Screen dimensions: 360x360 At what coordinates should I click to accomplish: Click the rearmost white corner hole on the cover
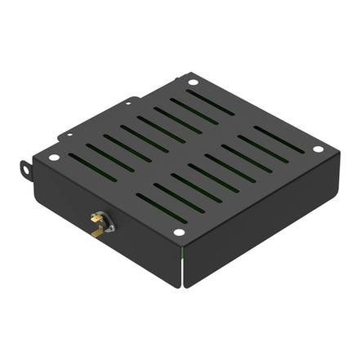193,82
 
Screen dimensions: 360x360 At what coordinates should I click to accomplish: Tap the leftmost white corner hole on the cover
54,158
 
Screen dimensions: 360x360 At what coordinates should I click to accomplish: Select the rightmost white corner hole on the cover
318,149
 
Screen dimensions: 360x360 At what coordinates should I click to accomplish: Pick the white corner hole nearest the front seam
179,233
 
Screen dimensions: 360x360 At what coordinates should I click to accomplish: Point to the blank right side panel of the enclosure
261,220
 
